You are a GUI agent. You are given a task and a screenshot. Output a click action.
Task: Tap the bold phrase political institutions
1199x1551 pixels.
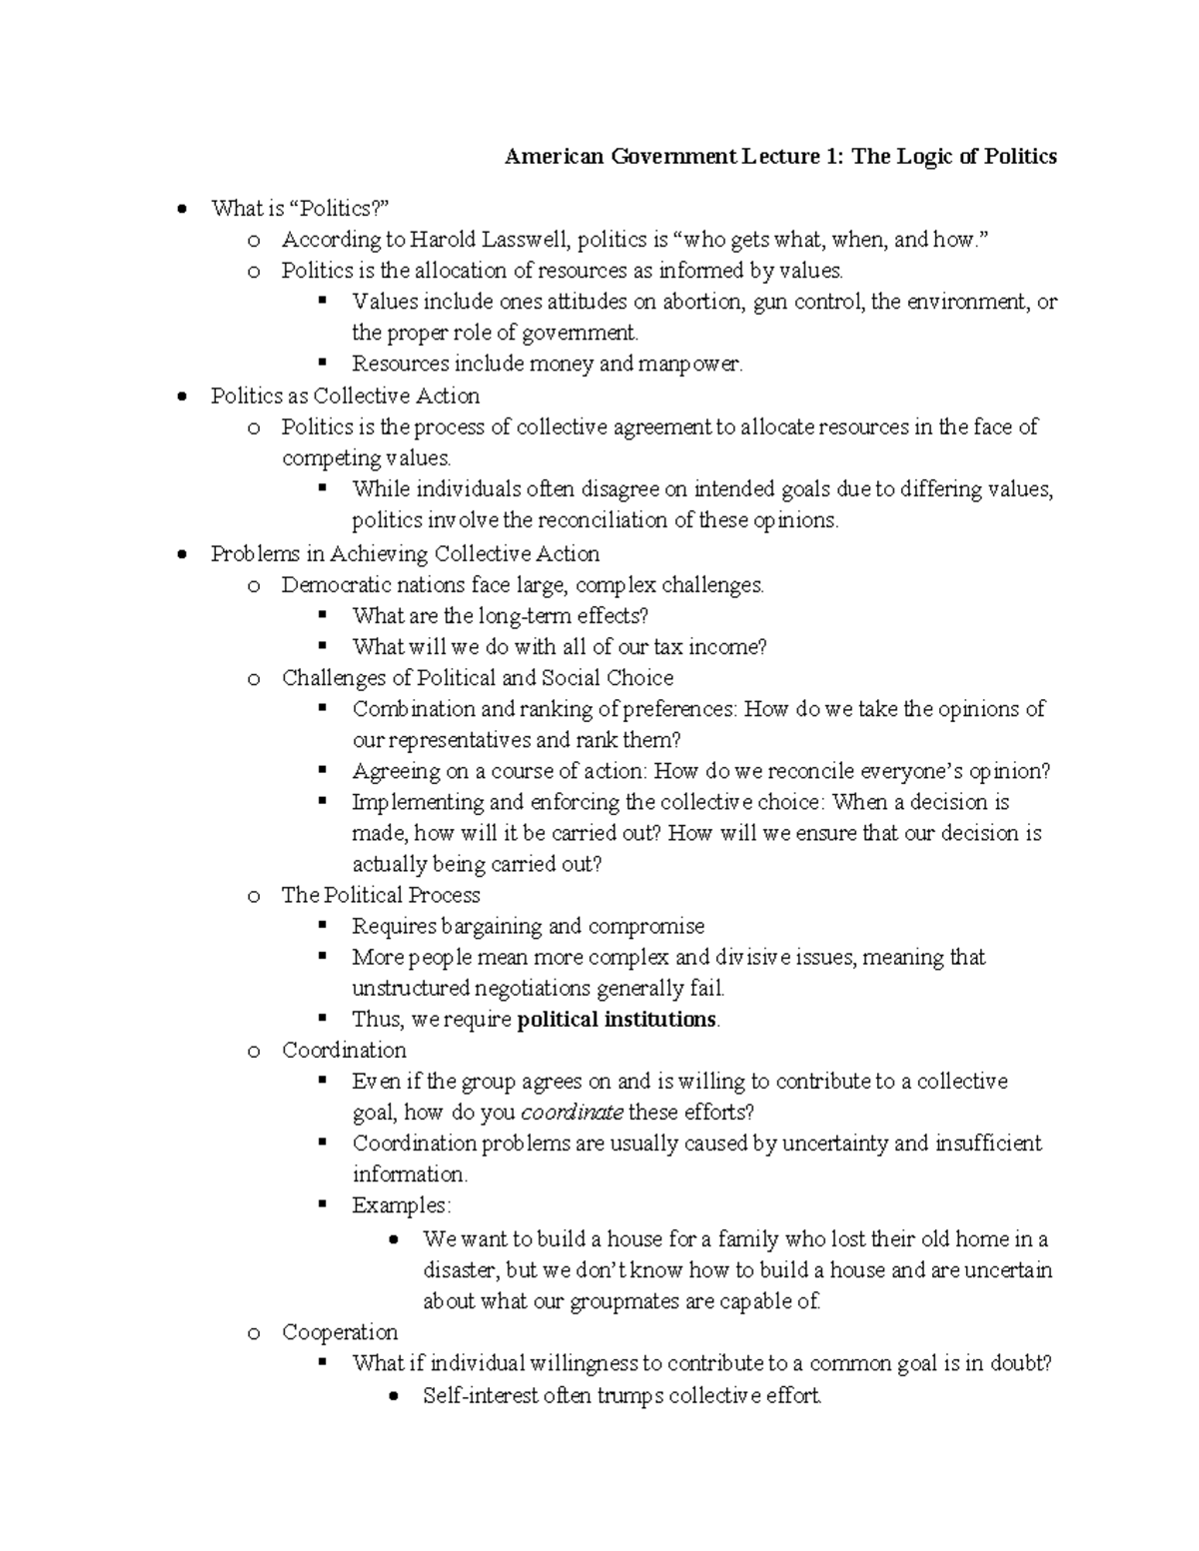pos(616,1020)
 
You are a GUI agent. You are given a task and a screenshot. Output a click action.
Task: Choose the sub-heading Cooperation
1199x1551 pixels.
pos(340,1332)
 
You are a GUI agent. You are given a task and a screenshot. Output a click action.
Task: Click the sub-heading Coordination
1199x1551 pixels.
pos(344,1051)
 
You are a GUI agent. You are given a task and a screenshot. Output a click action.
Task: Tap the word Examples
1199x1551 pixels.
pos(401,1205)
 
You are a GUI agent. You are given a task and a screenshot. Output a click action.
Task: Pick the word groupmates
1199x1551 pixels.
pos(620,1301)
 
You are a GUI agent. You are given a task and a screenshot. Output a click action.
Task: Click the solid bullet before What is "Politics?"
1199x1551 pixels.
pos(180,210)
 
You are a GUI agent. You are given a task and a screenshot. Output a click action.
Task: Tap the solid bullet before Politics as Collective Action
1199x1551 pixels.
pos(180,396)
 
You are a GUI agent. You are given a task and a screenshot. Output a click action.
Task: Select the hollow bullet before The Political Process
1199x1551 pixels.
pos(254,897)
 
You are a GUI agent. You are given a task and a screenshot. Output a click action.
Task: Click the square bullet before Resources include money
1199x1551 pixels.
pos(322,364)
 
